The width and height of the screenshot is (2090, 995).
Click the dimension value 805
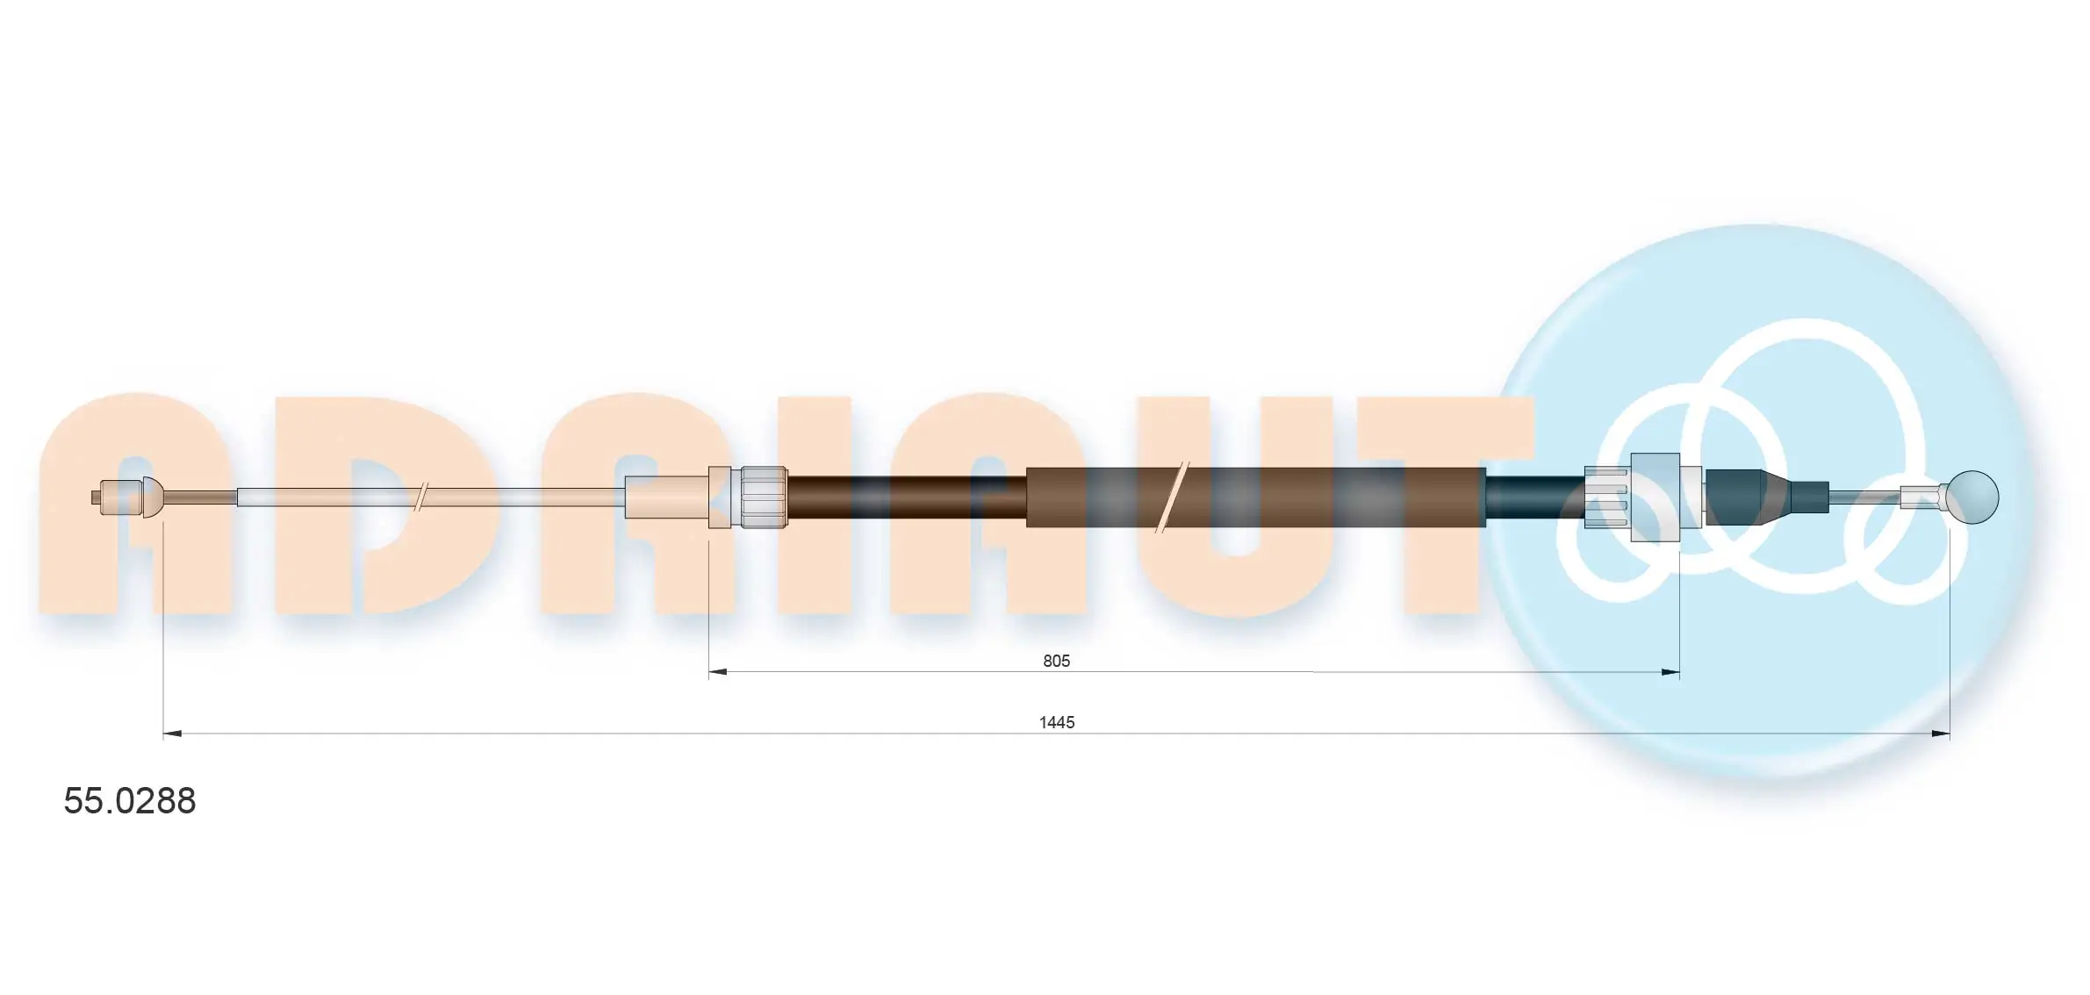[1056, 661]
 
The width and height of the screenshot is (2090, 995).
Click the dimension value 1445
[1056, 722]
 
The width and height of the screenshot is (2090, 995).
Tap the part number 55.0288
[130, 801]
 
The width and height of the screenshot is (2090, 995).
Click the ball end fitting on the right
[1971, 497]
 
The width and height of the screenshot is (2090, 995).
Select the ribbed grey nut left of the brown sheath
[762, 497]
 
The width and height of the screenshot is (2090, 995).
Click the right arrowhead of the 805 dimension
[1670, 672]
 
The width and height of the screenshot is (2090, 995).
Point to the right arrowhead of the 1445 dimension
[1941, 734]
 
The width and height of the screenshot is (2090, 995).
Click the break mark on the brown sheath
[1172, 497]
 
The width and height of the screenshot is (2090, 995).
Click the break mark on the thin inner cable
[421, 497]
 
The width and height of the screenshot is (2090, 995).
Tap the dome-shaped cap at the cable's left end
[154, 497]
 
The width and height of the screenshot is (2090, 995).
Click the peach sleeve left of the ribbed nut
[667, 497]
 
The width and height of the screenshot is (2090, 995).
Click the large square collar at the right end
[1655, 497]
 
